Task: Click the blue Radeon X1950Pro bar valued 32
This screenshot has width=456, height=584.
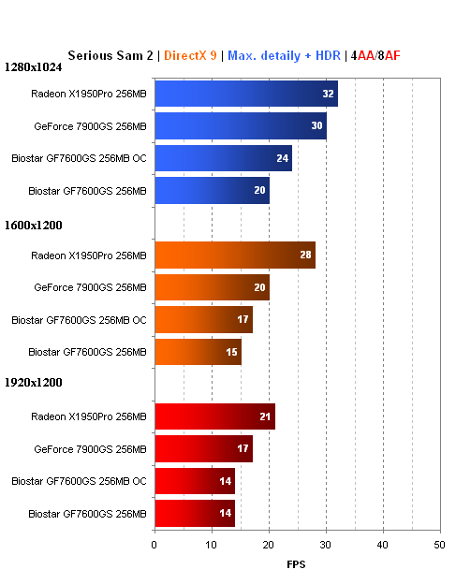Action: pyautogui.click(x=245, y=94)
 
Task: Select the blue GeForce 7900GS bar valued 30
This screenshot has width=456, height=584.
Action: pyautogui.click(x=240, y=125)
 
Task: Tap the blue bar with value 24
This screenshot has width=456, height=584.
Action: pyautogui.click(x=223, y=158)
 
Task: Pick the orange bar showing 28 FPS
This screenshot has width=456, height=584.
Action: pyautogui.click(x=234, y=255)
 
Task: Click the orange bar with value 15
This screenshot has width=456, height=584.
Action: pyautogui.click(x=198, y=352)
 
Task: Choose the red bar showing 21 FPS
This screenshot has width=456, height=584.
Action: pyautogui.click(x=214, y=416)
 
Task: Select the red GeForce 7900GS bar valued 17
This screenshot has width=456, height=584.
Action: pyautogui.click(x=203, y=449)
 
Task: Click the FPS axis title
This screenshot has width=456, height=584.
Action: pyautogui.click(x=297, y=564)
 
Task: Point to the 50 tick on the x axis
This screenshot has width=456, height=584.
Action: pyautogui.click(x=439, y=544)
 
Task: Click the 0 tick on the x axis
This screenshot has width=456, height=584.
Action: pyautogui.click(x=154, y=544)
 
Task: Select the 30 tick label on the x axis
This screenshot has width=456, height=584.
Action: pyautogui.click(x=326, y=544)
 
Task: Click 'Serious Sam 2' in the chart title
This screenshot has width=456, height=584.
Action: pyautogui.click(x=110, y=55)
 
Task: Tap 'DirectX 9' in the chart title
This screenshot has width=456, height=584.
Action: pyautogui.click(x=190, y=55)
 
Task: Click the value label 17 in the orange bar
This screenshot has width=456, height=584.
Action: pyautogui.click(x=242, y=320)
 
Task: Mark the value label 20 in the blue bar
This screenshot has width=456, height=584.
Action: pyautogui.click(x=258, y=191)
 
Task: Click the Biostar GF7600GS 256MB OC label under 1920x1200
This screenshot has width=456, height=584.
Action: pyautogui.click(x=79, y=481)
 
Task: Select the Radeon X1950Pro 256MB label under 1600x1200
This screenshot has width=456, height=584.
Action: pyautogui.click(x=89, y=255)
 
